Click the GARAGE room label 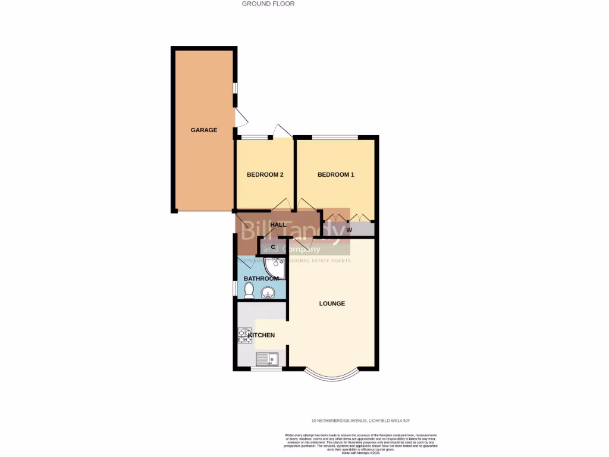click(204, 130)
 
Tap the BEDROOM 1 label click(335, 174)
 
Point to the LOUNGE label click(332, 303)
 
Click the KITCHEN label click(262, 335)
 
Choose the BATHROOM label click(261, 278)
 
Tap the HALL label click(278, 225)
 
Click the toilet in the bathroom click(249, 290)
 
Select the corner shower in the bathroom click(277, 267)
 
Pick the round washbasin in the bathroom click(269, 292)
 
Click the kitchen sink click(268, 359)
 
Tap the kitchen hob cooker click(244, 336)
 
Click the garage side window click(236, 87)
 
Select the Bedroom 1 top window click(335, 137)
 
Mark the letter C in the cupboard click(273, 247)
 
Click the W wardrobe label click(349, 230)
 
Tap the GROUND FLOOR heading click(268, 4)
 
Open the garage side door click(240, 117)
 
